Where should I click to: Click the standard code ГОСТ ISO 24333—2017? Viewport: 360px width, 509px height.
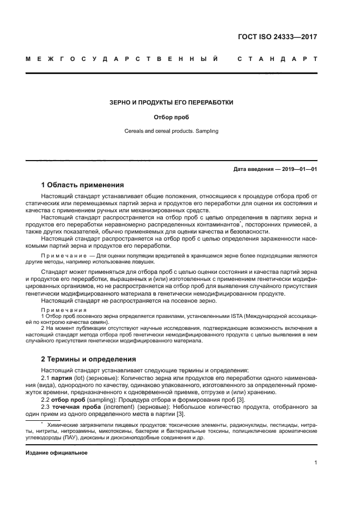[x=277, y=38]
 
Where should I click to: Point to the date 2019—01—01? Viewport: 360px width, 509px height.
[x=297, y=170]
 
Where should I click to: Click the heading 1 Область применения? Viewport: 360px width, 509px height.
[x=83, y=185]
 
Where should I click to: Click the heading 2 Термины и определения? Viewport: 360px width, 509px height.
[x=89, y=359]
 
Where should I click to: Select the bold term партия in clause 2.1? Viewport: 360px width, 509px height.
[x=62, y=378]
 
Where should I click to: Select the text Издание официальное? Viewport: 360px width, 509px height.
[x=57, y=452]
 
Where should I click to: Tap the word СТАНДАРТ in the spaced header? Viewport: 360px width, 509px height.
[x=277, y=58]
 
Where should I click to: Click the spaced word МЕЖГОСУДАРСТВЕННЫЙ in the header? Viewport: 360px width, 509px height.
[x=123, y=58]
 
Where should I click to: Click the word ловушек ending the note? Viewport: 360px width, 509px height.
[x=141, y=262]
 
